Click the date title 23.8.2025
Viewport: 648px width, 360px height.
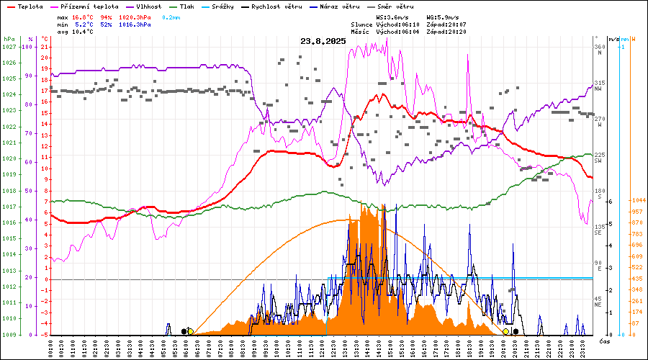pyautogui.click(x=323, y=41)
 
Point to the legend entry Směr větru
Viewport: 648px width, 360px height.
pyautogui.click(x=397, y=6)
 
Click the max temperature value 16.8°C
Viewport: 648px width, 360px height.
pyautogui.click(x=84, y=16)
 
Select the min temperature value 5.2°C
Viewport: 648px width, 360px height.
pyautogui.click(x=84, y=24)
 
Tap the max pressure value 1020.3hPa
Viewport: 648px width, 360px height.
pyautogui.click(x=134, y=16)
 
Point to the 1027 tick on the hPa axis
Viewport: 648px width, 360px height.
pyautogui.click(x=9, y=47)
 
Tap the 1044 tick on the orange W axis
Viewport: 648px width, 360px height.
pyautogui.click(x=636, y=200)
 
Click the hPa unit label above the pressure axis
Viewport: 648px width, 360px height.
pyautogui.click(x=9, y=39)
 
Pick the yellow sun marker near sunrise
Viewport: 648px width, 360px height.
pyautogui.click(x=190, y=331)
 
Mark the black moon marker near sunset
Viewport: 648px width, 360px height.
pyautogui.click(x=516, y=331)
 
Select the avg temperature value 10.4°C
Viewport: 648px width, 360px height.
pyautogui.click(x=84, y=32)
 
